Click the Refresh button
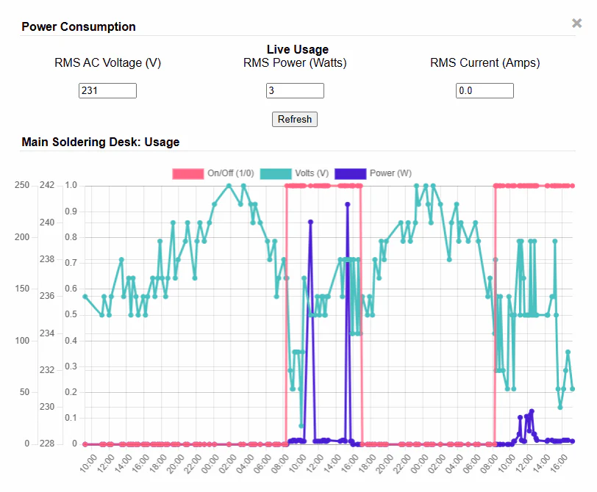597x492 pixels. coord(295,119)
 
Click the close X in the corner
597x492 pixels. coord(577,23)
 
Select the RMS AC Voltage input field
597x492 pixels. coord(107,90)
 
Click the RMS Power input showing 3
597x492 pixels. coord(295,90)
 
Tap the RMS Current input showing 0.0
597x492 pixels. coord(485,90)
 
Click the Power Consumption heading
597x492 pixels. coord(79,26)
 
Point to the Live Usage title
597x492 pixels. coord(297,49)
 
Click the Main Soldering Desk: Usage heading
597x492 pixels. coord(101,142)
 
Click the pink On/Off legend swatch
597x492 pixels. coord(187,173)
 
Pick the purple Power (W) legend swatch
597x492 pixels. coord(350,173)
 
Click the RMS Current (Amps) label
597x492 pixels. coord(485,63)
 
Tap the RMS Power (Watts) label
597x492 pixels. coord(295,63)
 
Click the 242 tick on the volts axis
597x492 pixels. coord(47,185)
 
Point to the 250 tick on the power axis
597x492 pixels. coord(22,185)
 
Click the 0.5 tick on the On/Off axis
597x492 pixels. coord(71,314)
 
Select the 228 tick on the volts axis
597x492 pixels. coord(47,444)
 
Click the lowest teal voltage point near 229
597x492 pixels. coord(301,425)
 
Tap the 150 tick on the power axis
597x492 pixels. coord(22,289)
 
